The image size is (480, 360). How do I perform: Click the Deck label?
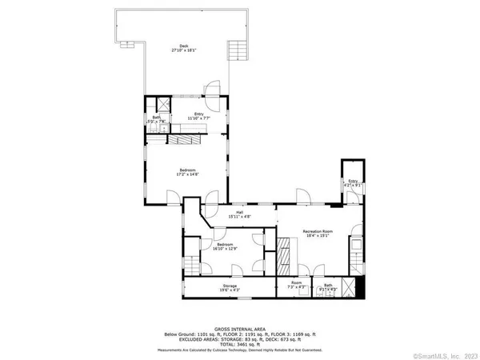pos(183,46)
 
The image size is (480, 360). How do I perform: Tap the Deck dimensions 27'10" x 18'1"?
pos(183,50)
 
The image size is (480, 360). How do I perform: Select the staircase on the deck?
pos(235,52)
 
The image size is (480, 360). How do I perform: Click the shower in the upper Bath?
pos(164,103)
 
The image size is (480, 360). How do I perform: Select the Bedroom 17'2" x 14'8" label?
pos(186,172)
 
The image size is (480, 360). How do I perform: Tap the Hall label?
pos(239,213)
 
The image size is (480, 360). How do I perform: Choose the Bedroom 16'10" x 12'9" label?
pos(223,246)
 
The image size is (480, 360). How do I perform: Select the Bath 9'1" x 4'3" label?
pos(328,286)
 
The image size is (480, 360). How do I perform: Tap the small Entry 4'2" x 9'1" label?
pos(354,183)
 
